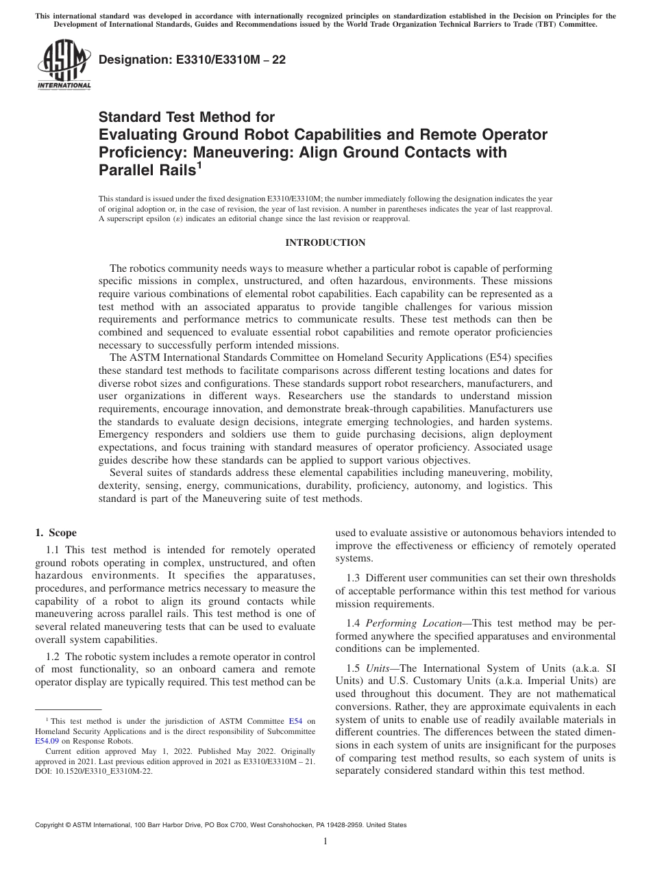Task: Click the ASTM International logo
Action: pyautogui.click(x=64, y=64)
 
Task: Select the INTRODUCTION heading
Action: pyautogui.click(x=325, y=242)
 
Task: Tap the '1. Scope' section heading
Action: pyautogui.click(x=56, y=533)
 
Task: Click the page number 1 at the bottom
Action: pyautogui.click(x=325, y=842)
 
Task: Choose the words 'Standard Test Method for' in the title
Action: pyautogui.click(x=186, y=117)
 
